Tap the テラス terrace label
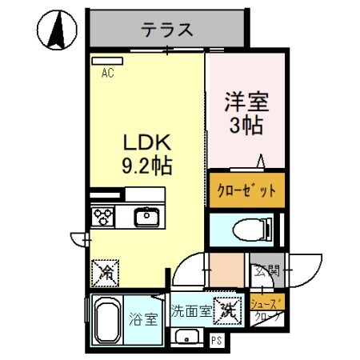pos(167,30)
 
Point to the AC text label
pos(107,73)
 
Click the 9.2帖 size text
pos(146,167)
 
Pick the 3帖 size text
pos(246,126)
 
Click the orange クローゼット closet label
pos(247,190)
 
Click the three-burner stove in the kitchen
pos(105,216)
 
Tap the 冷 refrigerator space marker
pos(105,272)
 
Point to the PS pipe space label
pos(217,340)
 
